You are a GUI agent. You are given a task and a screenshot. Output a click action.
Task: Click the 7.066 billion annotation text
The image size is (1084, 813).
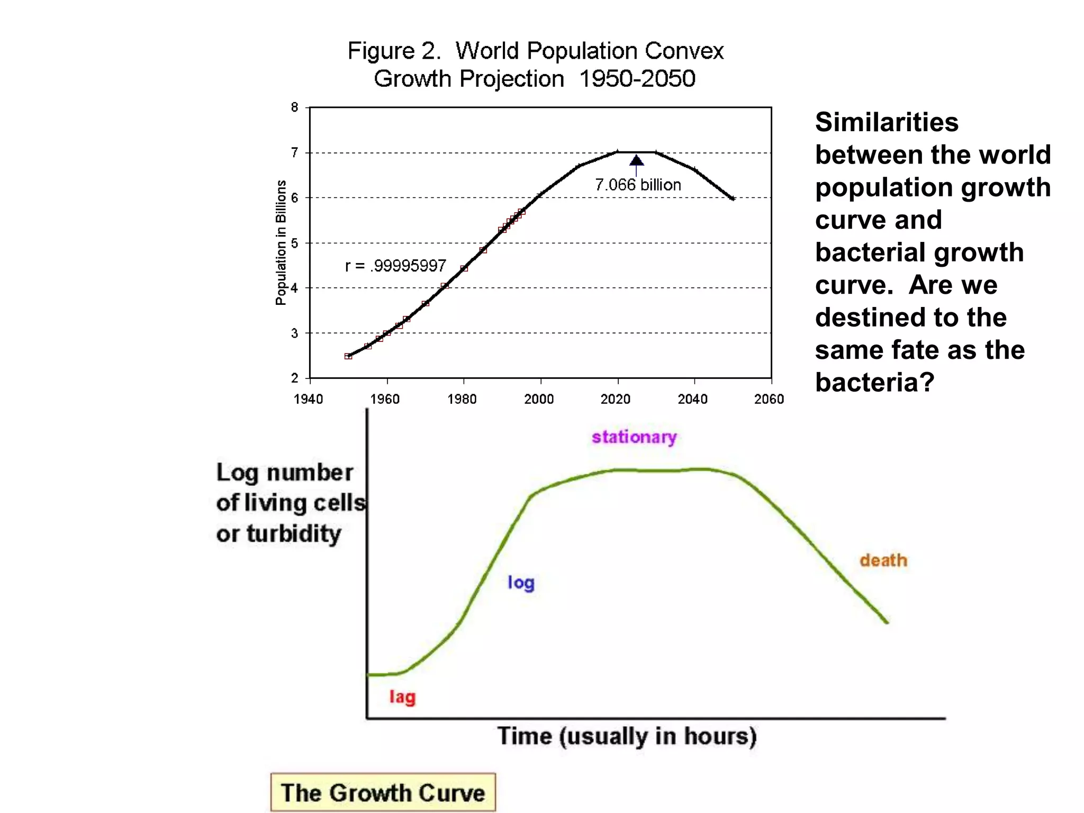638,185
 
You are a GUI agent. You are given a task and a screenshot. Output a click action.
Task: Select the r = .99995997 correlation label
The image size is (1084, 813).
395,266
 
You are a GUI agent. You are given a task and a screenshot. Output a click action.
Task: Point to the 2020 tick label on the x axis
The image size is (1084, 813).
616,399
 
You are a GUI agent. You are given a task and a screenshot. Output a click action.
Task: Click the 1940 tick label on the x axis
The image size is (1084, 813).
308,399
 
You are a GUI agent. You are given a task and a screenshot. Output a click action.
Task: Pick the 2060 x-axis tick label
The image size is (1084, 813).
769,399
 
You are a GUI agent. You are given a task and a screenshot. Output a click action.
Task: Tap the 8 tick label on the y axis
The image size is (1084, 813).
294,107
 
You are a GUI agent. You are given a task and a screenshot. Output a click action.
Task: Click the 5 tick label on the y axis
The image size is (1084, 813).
294,243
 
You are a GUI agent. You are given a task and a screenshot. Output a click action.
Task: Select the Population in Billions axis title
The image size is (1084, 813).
281,243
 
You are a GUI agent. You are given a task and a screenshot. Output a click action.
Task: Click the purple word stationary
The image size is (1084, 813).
634,437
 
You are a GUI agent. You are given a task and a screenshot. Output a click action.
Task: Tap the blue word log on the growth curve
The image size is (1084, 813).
521,583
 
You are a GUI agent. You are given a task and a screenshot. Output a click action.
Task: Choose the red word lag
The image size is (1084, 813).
402,697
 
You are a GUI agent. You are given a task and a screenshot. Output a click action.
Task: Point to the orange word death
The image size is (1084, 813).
883,561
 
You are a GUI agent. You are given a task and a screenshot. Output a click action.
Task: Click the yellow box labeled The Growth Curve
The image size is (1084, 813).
383,792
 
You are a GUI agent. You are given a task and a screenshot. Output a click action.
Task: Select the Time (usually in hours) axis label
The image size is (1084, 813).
627,736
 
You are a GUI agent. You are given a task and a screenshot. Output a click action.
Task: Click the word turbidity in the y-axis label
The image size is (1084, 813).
294,534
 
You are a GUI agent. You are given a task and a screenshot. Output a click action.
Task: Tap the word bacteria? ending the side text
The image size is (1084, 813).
874,382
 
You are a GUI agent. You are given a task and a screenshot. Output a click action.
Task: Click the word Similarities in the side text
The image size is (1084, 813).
887,122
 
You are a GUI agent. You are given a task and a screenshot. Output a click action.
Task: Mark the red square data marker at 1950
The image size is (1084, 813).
348,356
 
